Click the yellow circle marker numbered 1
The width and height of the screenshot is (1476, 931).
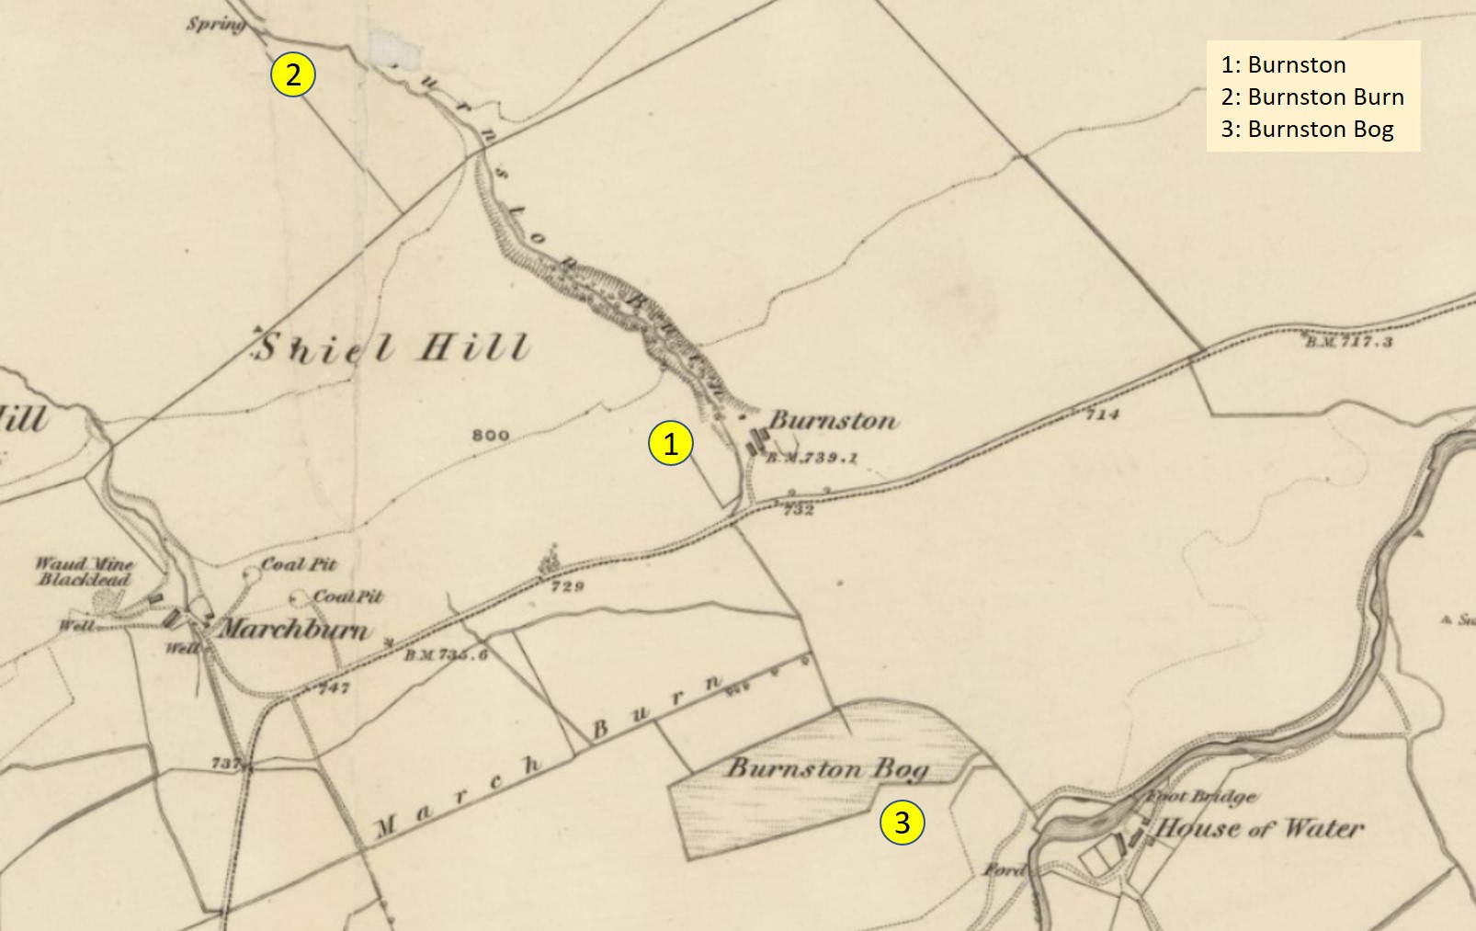tap(671, 443)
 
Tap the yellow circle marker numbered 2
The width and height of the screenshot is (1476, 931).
tap(293, 74)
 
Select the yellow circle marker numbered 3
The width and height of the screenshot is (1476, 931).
tap(902, 822)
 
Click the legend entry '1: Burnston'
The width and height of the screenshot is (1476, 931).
tap(1283, 64)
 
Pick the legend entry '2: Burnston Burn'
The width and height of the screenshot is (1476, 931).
tap(1311, 97)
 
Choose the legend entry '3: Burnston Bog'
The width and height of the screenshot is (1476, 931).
tap(1307, 129)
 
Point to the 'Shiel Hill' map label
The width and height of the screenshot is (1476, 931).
tap(392, 347)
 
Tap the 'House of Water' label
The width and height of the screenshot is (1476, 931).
tap(1260, 828)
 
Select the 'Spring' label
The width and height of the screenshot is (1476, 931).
tap(215, 23)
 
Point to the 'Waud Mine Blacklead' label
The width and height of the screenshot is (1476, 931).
tap(85, 571)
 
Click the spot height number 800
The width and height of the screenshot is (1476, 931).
tap(490, 435)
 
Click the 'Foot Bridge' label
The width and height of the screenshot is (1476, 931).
tap(1202, 797)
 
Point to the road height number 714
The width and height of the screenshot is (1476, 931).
tap(1102, 414)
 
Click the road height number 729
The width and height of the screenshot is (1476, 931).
tap(567, 585)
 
